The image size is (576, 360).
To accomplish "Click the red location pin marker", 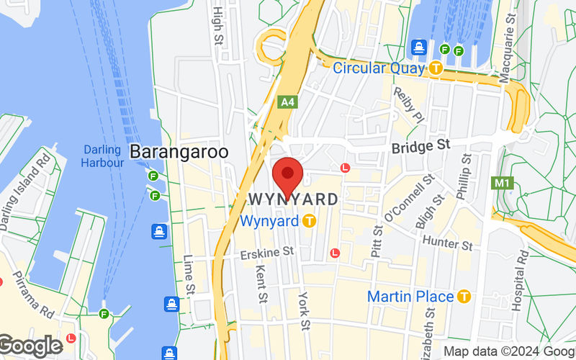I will coord(289,174).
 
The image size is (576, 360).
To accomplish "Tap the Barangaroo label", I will coord(179,152).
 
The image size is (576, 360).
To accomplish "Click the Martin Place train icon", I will coord(464,297).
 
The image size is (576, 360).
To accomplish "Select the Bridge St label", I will coord(420,146).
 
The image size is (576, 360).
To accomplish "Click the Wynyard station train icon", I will coord(309,221).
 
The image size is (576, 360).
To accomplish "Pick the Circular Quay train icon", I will coord(436,68).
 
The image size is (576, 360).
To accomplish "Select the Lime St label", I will coord(189,274).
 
